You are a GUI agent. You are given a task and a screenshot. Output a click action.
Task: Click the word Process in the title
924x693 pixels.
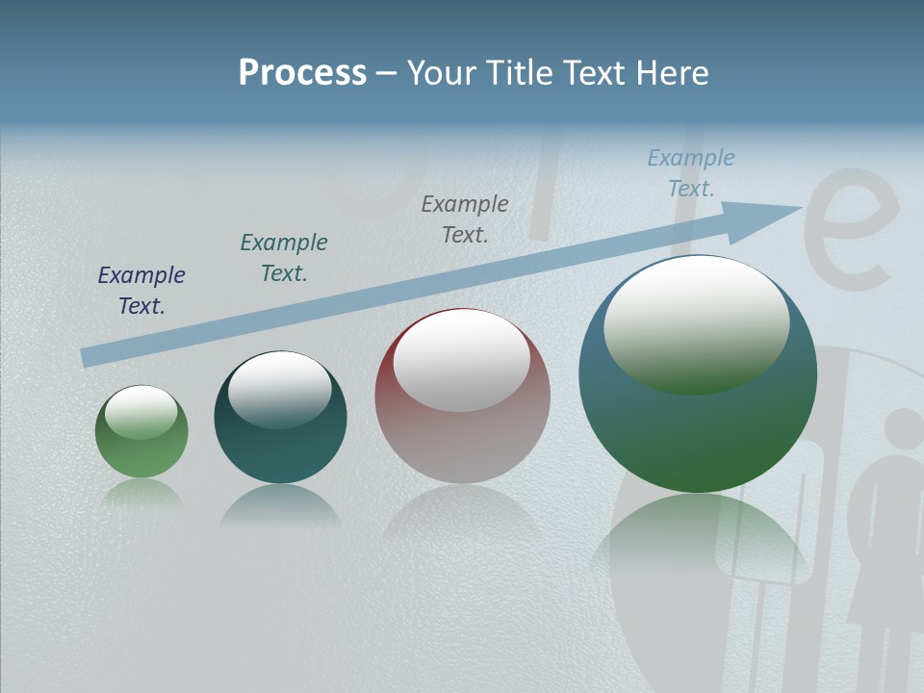point(302,73)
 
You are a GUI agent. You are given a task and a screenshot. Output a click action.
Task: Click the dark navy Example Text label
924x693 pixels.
point(141,291)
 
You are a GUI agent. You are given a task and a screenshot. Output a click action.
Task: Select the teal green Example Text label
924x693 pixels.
point(284,258)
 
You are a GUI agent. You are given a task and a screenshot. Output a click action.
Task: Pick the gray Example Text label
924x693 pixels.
point(465,218)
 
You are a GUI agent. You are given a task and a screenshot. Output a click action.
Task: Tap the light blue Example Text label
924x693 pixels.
point(691,173)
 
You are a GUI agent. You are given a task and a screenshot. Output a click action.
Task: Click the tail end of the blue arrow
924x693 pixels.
point(89,357)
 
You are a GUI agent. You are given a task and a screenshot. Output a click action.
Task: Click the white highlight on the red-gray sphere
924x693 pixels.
point(462,359)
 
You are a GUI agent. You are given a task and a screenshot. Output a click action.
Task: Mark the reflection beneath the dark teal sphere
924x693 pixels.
point(280,504)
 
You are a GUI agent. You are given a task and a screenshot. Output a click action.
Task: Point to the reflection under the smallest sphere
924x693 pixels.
point(141,493)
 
